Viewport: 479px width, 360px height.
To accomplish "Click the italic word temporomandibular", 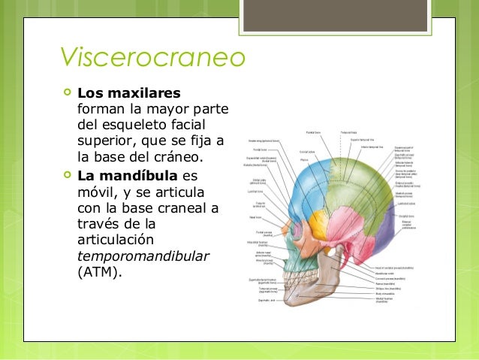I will coord(143,256).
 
